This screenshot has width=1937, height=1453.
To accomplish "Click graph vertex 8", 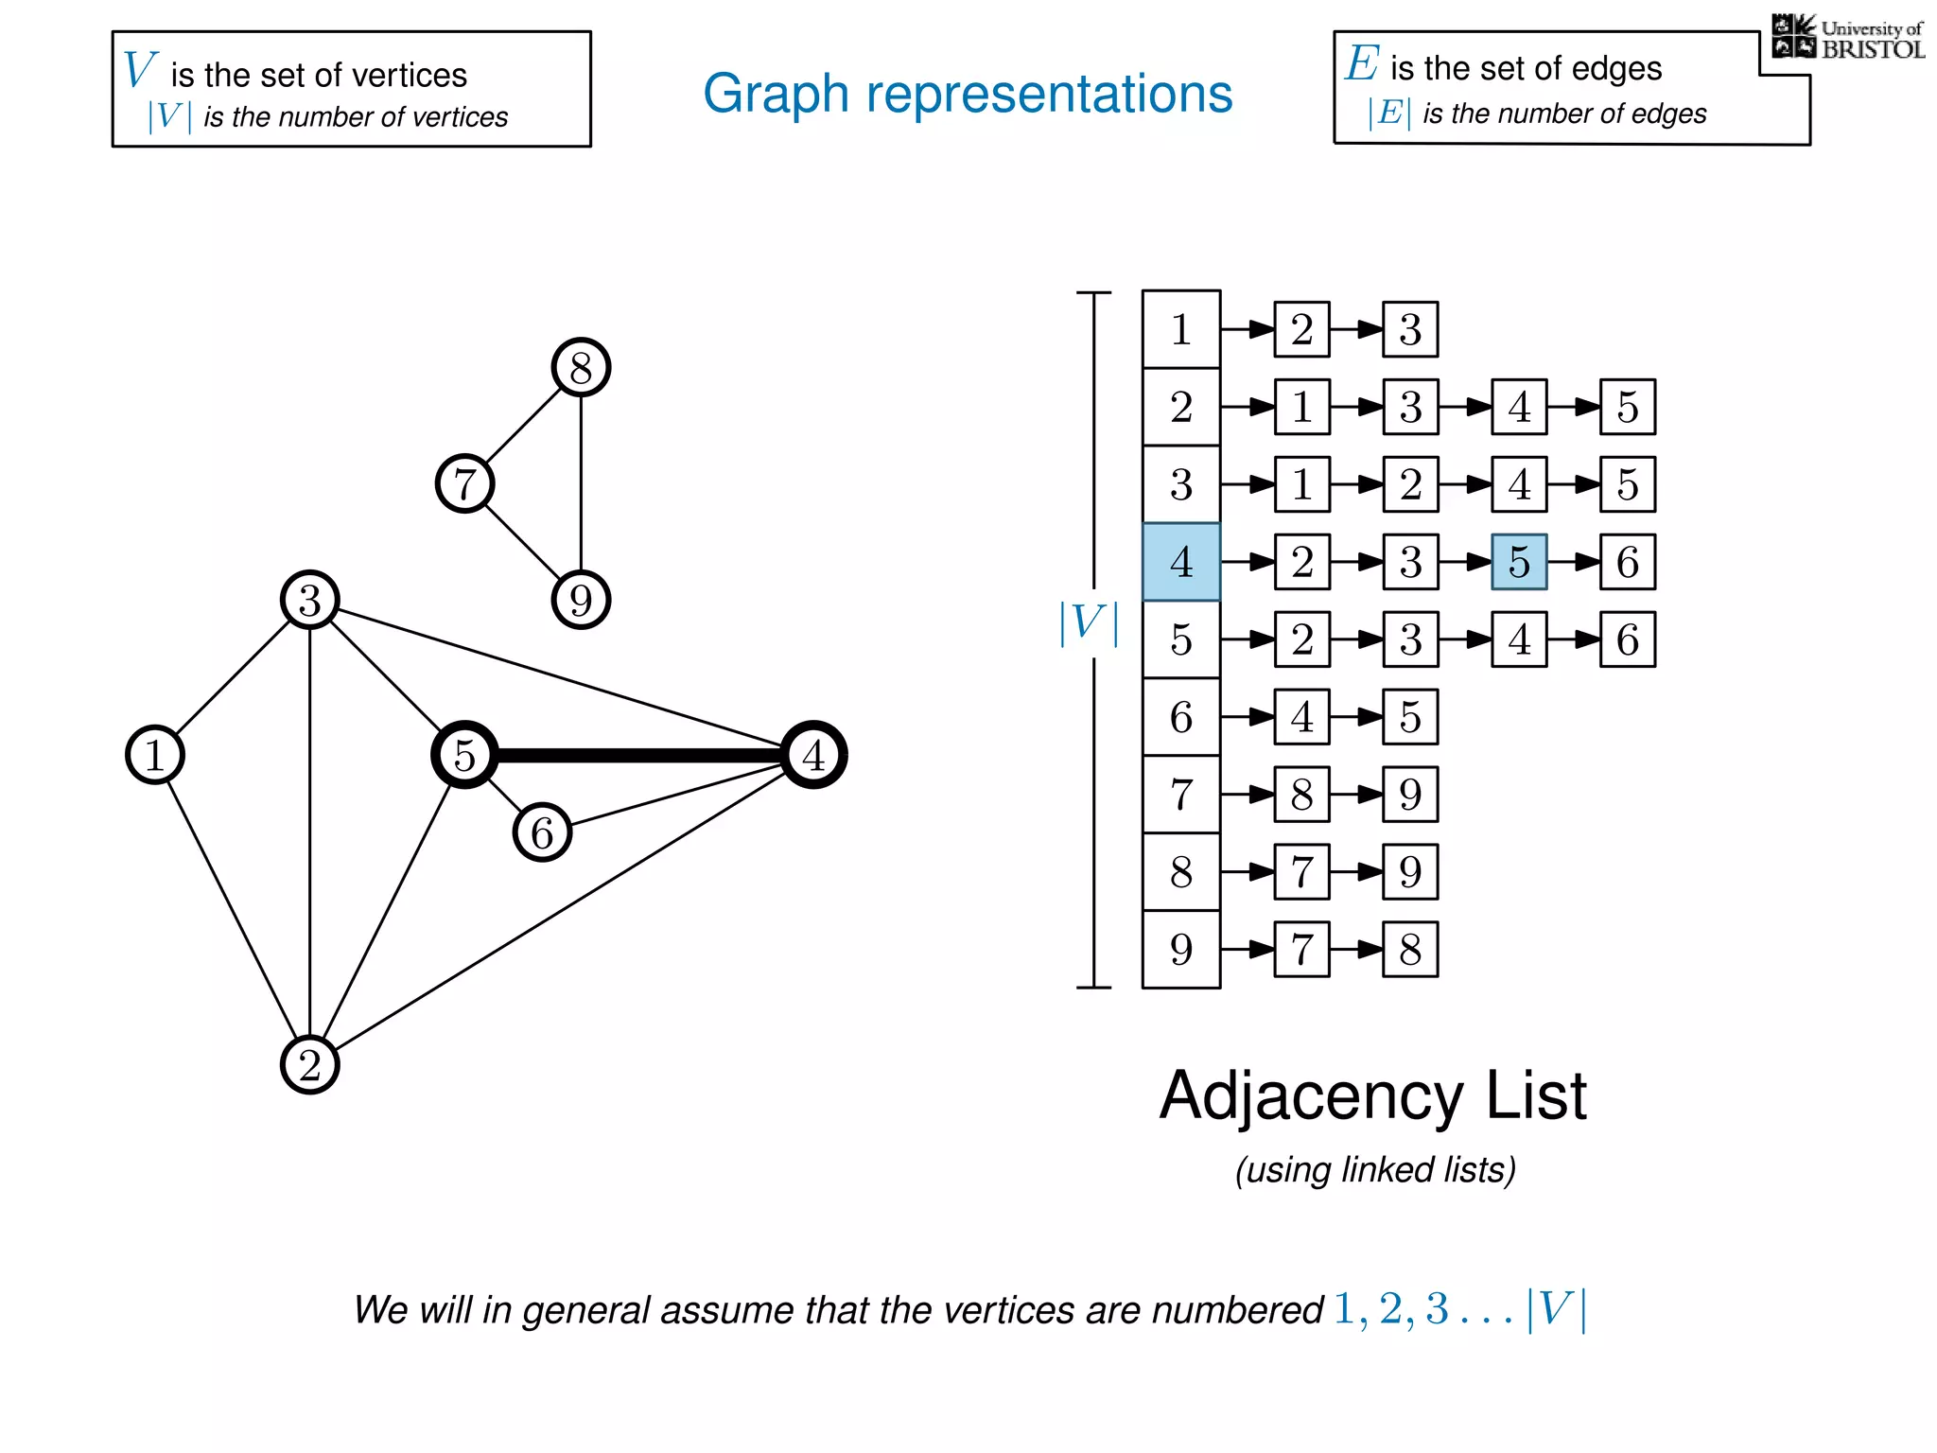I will (x=581, y=367).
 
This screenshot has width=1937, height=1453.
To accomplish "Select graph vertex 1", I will (x=154, y=755).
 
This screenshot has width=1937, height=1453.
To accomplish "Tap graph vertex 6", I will (x=542, y=832).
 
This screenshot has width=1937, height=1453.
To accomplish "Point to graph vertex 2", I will (x=309, y=1065).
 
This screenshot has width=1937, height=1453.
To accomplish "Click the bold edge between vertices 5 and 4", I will (x=639, y=755).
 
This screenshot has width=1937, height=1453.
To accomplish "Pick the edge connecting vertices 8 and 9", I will (x=581, y=483).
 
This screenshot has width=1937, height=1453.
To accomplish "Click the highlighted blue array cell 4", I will (x=1180, y=562).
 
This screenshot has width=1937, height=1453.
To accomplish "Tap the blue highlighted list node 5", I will (x=1519, y=562).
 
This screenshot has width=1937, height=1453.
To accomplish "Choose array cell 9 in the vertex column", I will (x=1180, y=950).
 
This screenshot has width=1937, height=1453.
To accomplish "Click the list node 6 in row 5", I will (x=1627, y=639).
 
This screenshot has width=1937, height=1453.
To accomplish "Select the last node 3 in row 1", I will (x=1410, y=329).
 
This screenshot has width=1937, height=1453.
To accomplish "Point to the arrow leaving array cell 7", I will (x=1248, y=795).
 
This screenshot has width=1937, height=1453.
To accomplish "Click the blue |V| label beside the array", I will (x=1088, y=623).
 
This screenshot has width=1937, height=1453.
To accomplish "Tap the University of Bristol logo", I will (x=1847, y=38).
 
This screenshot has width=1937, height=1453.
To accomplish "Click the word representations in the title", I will (x=1049, y=94).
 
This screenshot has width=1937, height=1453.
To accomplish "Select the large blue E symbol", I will (x=1362, y=63).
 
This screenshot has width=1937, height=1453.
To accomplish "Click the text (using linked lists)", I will (x=1375, y=1170).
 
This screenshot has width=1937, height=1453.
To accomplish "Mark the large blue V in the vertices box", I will (x=139, y=70).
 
